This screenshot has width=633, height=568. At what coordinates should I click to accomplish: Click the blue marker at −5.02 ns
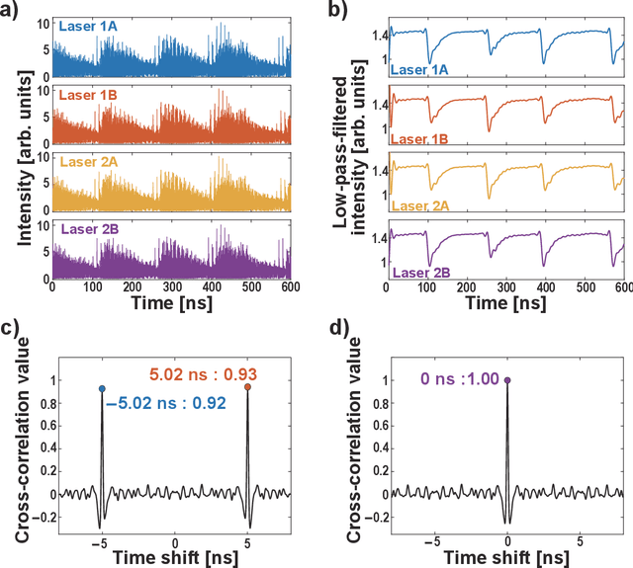coord(102,389)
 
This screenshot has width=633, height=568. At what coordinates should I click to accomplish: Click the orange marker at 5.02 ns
coord(247,387)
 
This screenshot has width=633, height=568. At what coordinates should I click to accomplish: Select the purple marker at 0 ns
coord(506,379)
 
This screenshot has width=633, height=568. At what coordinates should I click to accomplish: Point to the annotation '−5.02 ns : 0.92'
coord(165,402)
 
